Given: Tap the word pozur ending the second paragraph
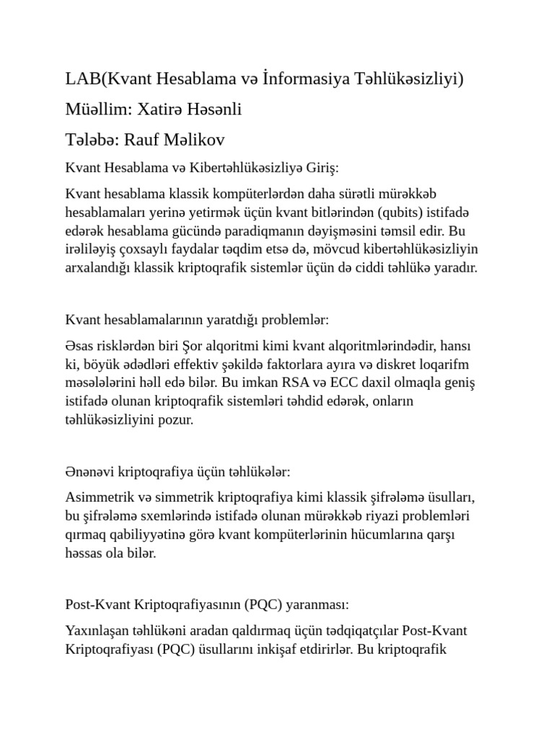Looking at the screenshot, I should (x=178, y=419).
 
